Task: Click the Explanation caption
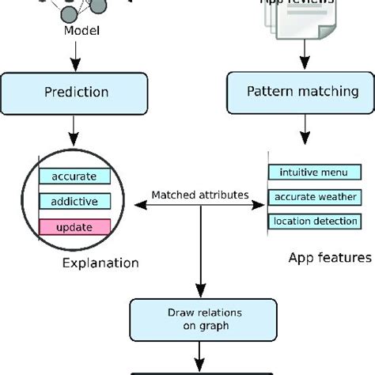(x=100, y=263)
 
